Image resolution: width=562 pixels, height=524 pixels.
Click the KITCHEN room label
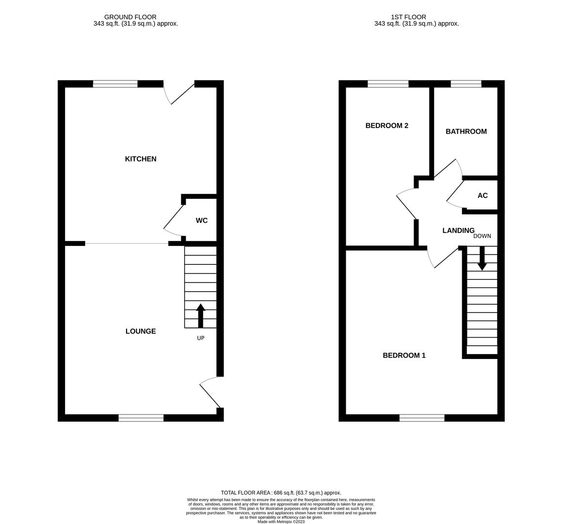pyautogui.click(x=141, y=159)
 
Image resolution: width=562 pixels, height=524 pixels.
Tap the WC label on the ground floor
pyautogui.click(x=202, y=220)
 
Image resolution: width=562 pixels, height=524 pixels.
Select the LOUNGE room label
pyautogui.click(x=141, y=331)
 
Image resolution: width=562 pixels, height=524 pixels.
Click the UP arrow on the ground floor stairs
pyautogui.click(x=200, y=315)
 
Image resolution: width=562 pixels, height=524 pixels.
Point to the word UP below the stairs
pyautogui.click(x=200, y=338)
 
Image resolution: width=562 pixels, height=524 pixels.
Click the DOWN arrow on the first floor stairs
pyautogui.click(x=482, y=258)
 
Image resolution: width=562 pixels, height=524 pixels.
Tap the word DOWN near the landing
pyautogui.click(x=482, y=236)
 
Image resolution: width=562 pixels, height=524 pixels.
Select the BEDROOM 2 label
pyautogui.click(x=386, y=126)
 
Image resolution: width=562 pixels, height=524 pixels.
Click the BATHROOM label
pyautogui.click(x=466, y=131)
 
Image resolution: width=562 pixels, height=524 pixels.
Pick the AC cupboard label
pyautogui.click(x=482, y=196)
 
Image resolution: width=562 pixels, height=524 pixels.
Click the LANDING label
pyautogui.click(x=458, y=230)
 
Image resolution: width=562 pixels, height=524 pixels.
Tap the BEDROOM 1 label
pyautogui.click(x=404, y=355)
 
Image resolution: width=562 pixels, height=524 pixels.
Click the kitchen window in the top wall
pyautogui.click(x=115, y=84)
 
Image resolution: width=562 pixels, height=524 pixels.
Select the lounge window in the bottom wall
pyautogui.click(x=141, y=418)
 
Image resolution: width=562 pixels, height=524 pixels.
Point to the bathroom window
pyautogui.click(x=466, y=84)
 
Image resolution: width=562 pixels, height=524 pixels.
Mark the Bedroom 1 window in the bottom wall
pyautogui.click(x=422, y=418)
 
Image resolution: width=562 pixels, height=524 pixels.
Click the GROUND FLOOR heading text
pyautogui.click(x=130, y=17)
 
